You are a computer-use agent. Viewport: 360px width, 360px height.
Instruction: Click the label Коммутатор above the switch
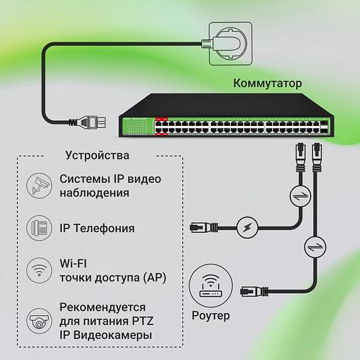[x=266, y=84]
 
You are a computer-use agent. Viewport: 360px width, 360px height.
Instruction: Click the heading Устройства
[x=97, y=155]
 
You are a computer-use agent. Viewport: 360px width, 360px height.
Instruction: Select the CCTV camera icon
[x=39, y=186]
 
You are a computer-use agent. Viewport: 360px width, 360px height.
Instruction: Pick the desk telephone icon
[x=39, y=228]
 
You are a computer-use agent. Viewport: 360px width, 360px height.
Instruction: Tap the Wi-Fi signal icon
[x=39, y=271]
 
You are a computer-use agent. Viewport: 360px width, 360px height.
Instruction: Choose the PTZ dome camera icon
[x=39, y=321]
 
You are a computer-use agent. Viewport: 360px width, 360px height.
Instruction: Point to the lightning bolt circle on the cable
[x=247, y=227]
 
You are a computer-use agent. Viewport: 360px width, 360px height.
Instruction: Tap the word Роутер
[x=211, y=316]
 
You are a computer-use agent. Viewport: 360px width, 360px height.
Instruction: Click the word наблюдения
[x=94, y=193]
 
